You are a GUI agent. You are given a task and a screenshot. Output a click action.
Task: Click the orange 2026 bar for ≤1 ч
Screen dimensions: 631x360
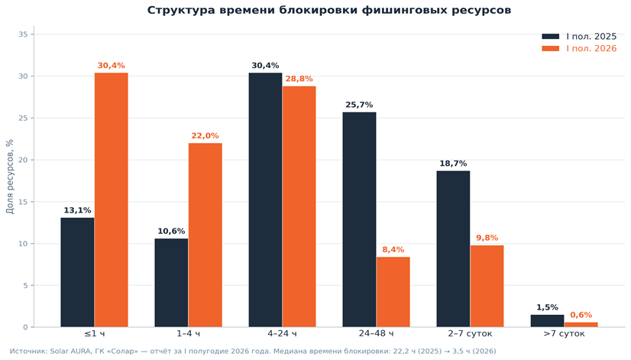coord(111,199)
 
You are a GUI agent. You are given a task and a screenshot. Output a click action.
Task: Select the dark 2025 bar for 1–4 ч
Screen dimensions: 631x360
coord(171,283)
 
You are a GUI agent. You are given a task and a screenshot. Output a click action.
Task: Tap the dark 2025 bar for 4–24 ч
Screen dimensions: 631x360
coord(265,199)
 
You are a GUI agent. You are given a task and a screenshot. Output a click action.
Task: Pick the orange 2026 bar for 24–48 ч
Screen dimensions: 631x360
coord(393,292)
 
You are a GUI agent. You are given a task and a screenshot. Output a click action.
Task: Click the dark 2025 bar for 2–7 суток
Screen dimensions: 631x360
coord(453,249)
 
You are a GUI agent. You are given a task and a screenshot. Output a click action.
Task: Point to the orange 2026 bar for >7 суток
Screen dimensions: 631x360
coord(581,325)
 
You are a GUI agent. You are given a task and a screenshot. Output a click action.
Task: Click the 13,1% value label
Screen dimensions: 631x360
coord(77,210)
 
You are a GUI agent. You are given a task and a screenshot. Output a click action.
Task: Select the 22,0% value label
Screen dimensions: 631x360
coord(205,136)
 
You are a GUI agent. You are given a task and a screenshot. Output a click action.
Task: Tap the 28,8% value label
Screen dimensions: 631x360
coord(299,79)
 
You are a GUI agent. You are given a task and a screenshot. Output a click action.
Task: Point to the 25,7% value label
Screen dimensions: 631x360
coord(359,105)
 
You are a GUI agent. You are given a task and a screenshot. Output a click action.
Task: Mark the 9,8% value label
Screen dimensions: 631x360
coord(487,238)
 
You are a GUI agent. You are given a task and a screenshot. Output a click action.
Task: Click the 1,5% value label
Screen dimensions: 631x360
coord(547,308)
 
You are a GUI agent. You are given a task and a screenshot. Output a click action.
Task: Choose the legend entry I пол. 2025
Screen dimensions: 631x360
coord(579,37)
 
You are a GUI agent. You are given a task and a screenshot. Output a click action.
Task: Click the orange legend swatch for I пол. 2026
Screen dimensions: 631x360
coord(551,48)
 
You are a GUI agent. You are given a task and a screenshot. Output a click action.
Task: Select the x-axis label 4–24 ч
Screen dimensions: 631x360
coord(282,334)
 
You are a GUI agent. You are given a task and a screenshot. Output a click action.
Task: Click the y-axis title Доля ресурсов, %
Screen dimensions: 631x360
coord(10,177)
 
